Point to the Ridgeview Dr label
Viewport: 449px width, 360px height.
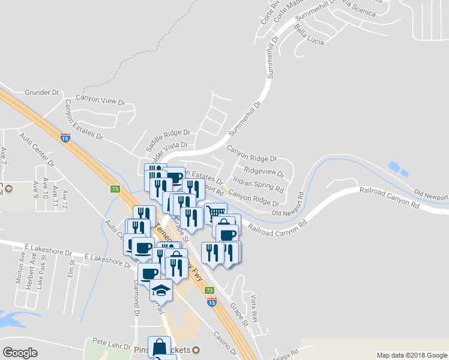coord(264,171)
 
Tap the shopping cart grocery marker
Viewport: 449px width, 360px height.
coord(215,212)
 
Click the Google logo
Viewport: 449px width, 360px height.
coord(20,353)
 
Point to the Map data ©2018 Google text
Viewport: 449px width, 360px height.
coord(411,355)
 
